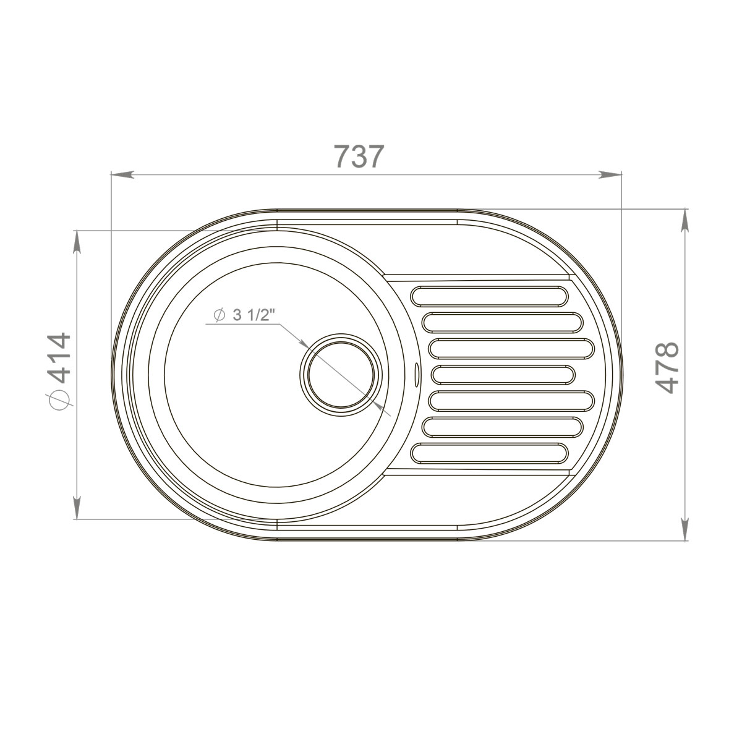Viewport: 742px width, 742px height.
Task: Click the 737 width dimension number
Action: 359,156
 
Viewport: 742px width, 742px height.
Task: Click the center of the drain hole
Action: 340,374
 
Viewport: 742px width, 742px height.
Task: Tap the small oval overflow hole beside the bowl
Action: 416,373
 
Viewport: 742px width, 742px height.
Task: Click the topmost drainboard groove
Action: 490,296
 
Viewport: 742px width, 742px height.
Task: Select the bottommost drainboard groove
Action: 490,453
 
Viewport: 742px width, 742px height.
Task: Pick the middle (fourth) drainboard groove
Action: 503,375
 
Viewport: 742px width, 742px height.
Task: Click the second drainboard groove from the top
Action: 503,322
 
